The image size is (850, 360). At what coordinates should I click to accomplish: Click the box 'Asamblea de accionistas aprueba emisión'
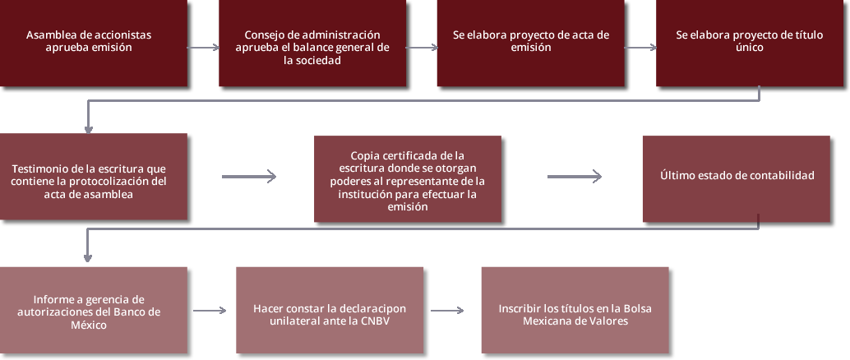93,42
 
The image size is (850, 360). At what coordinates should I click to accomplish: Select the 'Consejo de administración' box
312,42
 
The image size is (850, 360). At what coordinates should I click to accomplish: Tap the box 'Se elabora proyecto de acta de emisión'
531,42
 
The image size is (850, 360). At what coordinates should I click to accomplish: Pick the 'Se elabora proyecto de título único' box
750,42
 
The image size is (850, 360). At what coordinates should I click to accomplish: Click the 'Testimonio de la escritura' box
93,176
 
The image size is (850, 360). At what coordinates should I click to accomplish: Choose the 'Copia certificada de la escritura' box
408,178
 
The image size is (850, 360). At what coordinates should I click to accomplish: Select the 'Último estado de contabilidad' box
737,178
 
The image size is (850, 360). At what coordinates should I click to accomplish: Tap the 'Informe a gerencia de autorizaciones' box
93,310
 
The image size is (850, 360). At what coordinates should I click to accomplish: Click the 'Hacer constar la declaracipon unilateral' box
330,310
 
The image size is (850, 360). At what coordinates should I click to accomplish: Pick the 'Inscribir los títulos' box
575,310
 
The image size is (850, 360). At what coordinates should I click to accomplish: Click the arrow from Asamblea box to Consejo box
203,48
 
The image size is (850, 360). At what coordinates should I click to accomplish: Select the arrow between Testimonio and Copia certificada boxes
249,176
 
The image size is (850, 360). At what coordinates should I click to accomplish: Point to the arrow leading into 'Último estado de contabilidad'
575,176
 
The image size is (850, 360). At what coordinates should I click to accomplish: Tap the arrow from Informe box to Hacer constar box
210,311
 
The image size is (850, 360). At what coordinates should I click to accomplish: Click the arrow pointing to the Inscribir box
447,311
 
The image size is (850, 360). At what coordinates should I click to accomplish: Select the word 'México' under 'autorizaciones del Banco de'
89,325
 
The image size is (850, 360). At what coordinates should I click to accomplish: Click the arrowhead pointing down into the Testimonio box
88,130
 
